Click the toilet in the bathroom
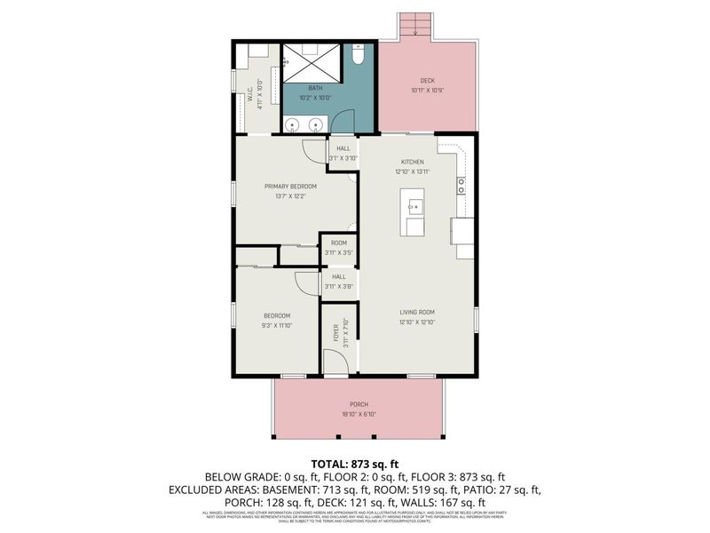(357, 57)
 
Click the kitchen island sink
(414, 210)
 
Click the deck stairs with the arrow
(414, 26)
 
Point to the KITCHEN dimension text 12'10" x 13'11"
(414, 171)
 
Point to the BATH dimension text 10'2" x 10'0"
(316, 98)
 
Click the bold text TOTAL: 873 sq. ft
(355, 463)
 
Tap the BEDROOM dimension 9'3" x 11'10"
(277, 325)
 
